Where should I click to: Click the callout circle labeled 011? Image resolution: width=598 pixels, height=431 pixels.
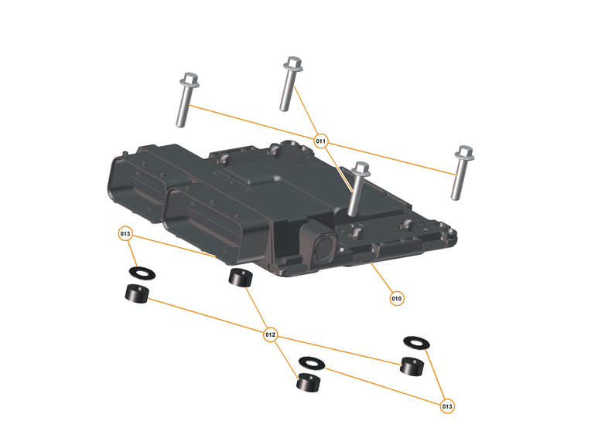[321, 141]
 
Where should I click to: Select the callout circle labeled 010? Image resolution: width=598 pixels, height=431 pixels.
[396, 297]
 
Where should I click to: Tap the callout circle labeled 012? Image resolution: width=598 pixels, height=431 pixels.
[270, 334]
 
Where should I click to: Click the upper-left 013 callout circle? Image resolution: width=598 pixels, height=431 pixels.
[126, 233]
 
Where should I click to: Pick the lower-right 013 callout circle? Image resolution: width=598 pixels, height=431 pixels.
[446, 406]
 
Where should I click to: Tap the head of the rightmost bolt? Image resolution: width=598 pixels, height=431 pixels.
[464, 151]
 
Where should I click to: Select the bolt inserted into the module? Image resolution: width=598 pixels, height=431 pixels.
[357, 189]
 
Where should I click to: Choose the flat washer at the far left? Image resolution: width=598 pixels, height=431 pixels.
[140, 273]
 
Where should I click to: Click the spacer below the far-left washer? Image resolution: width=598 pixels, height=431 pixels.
[137, 294]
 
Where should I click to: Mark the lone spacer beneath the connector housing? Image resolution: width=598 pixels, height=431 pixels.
[240, 279]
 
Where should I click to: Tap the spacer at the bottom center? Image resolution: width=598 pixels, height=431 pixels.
[309, 382]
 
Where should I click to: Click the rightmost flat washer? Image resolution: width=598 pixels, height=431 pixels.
[416, 341]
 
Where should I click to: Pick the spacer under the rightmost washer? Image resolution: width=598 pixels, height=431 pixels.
[412, 365]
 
